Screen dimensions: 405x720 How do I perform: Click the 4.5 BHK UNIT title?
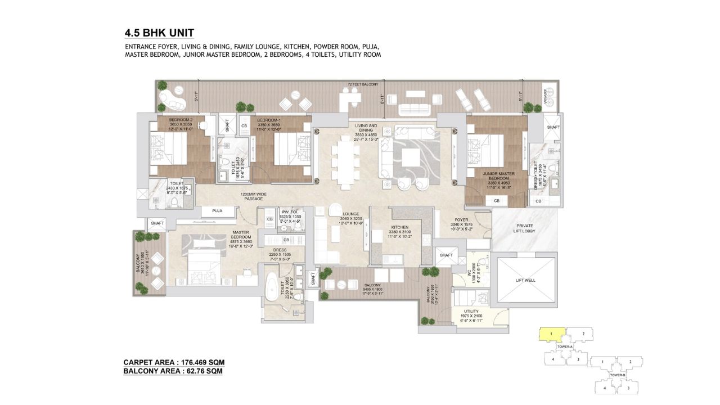(x=159, y=32)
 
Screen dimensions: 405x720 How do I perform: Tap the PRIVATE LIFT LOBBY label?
(x=524, y=228)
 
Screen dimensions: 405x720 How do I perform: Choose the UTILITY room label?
(x=471, y=310)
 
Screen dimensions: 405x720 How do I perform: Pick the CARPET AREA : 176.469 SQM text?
(x=174, y=362)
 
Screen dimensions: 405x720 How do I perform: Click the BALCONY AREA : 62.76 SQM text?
(x=173, y=371)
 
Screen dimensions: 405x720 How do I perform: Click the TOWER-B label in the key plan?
(x=616, y=375)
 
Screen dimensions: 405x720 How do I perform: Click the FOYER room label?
(x=461, y=220)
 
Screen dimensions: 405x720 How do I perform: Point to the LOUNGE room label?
(x=351, y=214)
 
